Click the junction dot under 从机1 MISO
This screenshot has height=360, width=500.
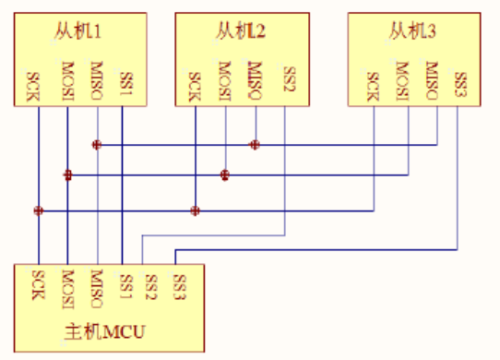(96, 145)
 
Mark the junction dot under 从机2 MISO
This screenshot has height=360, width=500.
(255, 145)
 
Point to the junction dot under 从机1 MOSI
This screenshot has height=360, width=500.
(67, 175)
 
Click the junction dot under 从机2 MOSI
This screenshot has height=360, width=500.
(225, 175)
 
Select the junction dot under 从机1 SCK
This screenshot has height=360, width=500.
(38, 210)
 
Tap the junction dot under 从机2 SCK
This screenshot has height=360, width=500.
(195, 210)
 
